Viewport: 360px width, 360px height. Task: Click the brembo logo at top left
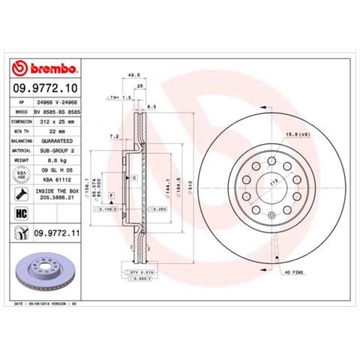pyautogui.click(x=44, y=70)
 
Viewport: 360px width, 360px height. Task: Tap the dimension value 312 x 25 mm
pyautogui.click(x=58, y=120)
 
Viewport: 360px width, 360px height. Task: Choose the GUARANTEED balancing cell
pyautogui.click(x=57, y=140)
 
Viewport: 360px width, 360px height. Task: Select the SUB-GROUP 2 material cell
pyautogui.click(x=58, y=150)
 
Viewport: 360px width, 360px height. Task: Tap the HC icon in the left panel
pyautogui.click(x=22, y=214)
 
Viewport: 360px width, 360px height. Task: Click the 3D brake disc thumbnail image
pyautogui.click(x=44, y=271)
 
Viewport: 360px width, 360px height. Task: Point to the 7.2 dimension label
pyautogui.click(x=114, y=136)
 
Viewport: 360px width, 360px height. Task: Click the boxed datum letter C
pyautogui.click(x=133, y=178)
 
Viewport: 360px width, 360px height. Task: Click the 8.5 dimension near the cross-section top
pyautogui.click(x=152, y=107)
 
